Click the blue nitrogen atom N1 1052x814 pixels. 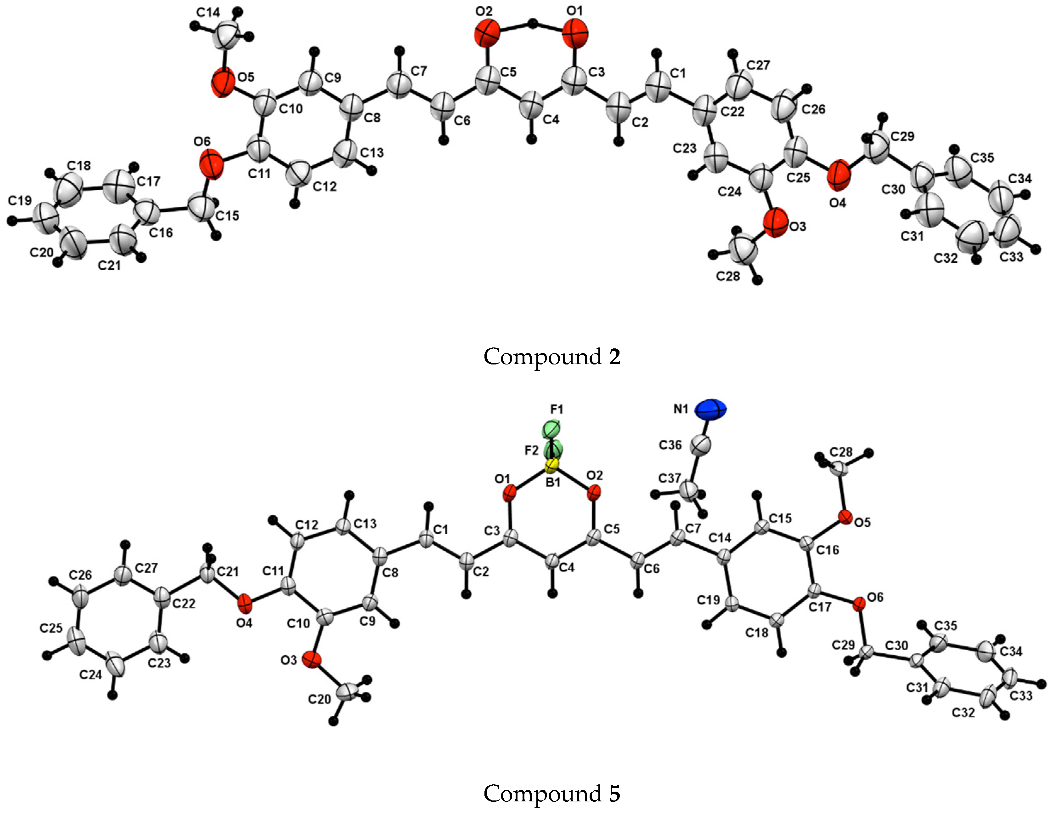coord(710,410)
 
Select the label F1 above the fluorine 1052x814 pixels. coord(557,410)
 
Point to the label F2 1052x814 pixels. coord(531,450)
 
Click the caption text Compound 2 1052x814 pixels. coord(552,357)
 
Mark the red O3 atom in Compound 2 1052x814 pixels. coord(775,223)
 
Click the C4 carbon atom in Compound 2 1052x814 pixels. coord(532,106)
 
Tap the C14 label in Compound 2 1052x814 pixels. coord(209,13)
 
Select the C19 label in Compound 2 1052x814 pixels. coord(20,200)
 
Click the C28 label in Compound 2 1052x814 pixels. coord(727,276)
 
